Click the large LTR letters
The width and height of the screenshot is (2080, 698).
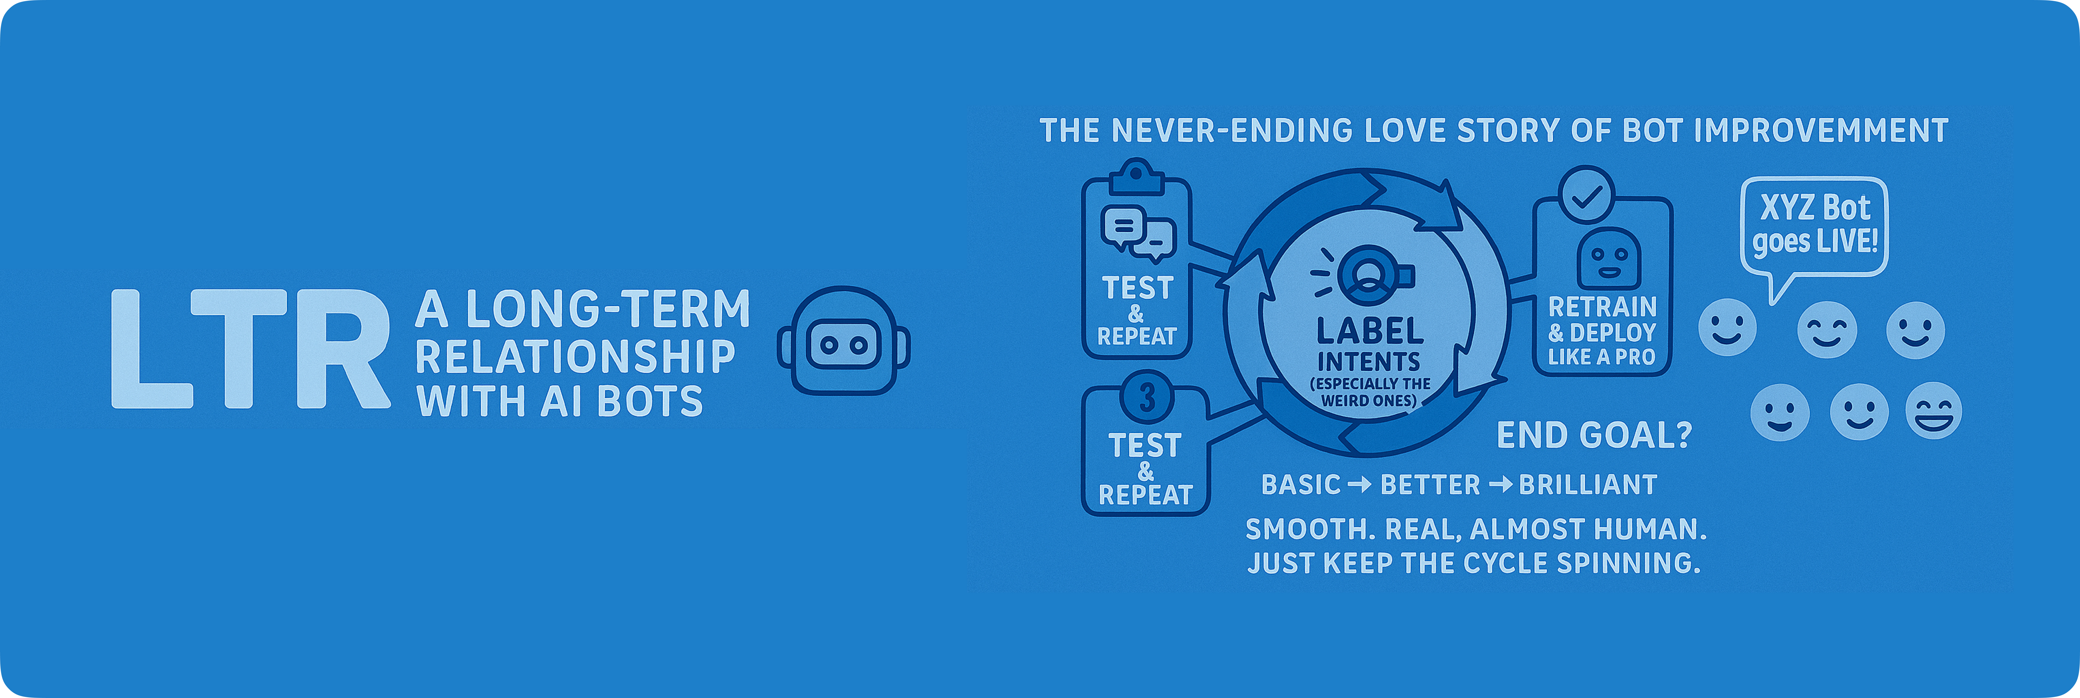tap(250, 349)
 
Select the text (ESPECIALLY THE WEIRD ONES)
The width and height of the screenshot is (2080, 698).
tap(1370, 392)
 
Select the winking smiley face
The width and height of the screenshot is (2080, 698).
tap(1826, 330)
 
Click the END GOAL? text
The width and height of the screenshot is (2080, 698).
tap(1594, 436)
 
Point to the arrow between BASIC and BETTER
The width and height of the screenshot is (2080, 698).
tap(1360, 485)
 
